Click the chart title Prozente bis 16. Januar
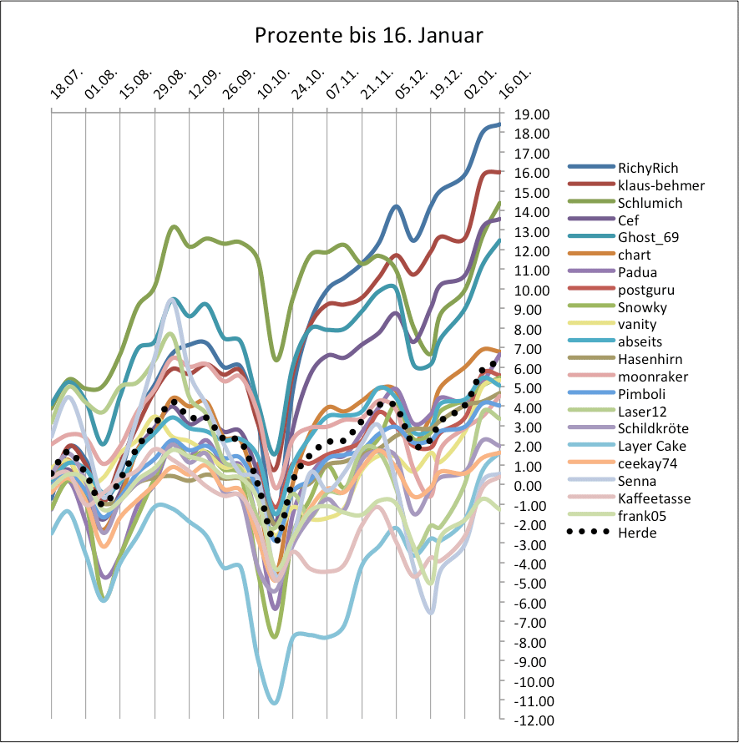[x=369, y=37]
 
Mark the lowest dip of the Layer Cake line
[x=274, y=703]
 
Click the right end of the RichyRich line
[x=499, y=124]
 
